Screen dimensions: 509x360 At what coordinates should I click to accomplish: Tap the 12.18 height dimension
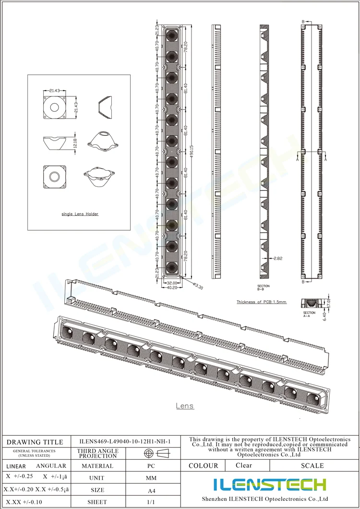point(74,142)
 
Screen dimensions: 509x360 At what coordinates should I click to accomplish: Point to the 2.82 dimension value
point(278,259)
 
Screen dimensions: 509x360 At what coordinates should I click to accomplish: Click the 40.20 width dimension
point(171,288)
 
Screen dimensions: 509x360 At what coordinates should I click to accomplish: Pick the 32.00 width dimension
point(171,283)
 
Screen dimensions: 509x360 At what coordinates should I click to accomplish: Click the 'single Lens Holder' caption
point(80,214)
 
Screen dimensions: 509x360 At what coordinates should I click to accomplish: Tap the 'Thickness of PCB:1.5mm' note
point(261,302)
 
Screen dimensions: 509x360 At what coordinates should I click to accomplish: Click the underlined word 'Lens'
point(185,406)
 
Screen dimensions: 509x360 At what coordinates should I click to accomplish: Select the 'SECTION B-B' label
point(264,288)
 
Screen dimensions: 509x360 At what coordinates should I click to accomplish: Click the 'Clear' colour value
point(244,465)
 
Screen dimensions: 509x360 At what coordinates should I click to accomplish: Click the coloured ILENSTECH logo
point(270,485)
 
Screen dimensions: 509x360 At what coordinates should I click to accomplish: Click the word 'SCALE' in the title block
point(312,465)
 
